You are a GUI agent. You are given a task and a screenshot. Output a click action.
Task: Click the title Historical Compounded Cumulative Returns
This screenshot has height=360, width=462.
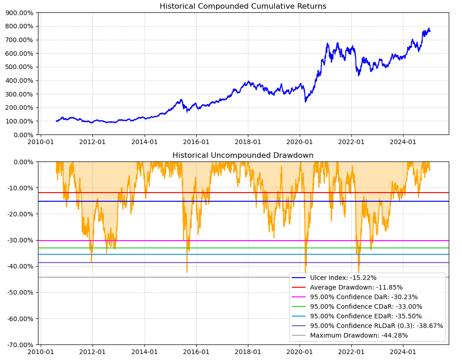tap(243, 6)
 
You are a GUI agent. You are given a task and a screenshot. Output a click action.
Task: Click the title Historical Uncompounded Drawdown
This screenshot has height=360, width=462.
tap(243, 156)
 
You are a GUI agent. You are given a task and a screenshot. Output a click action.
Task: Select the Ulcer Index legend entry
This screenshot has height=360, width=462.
tap(343, 278)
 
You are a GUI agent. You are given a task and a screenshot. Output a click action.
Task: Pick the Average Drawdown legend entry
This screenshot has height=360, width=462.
tap(356, 287)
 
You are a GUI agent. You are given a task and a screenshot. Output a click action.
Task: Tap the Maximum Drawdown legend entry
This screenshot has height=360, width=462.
tap(359, 335)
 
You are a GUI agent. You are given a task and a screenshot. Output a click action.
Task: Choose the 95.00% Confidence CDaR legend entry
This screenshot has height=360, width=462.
tap(366, 306)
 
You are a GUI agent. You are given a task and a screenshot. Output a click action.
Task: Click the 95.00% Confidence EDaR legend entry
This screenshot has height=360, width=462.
tap(366, 316)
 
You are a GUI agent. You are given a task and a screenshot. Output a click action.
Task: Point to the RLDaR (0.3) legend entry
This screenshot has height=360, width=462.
tap(376, 326)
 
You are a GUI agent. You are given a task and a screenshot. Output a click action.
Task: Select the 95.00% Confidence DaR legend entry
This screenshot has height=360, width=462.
tap(364, 297)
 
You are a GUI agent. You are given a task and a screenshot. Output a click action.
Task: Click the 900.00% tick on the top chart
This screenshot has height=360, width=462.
tap(20, 13)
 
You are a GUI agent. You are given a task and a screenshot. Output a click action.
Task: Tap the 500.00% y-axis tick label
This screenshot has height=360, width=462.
tap(20, 67)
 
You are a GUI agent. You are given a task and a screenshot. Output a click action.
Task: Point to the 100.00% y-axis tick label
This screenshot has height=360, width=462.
tap(20, 121)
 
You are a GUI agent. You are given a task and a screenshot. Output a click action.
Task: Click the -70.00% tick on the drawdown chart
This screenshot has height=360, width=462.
tap(19, 345)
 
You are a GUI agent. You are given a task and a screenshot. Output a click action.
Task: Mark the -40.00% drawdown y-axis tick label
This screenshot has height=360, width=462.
tap(19, 266)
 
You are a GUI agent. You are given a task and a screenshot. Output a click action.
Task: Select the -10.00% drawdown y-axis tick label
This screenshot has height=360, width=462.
tap(19, 188)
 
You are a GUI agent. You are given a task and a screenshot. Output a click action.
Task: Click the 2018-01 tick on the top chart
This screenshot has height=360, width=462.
tap(248, 142)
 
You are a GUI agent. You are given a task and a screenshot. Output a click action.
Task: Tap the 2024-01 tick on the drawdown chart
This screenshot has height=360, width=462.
tap(403, 352)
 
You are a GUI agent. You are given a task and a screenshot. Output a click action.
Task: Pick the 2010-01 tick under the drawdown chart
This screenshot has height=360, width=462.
tap(41, 352)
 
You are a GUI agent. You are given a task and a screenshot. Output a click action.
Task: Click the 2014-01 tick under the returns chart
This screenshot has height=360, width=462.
tap(145, 142)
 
